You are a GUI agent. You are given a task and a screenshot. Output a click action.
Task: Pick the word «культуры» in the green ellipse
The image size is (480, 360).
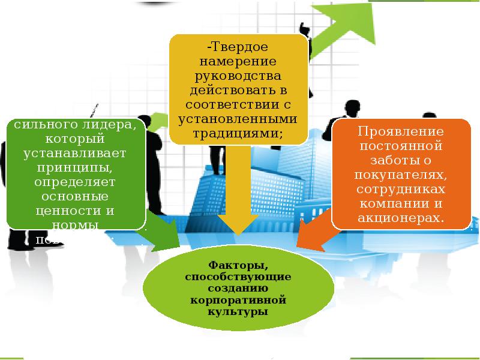click(238, 313)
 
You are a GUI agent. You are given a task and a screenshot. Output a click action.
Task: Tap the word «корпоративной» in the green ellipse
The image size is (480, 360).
click(238, 301)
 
